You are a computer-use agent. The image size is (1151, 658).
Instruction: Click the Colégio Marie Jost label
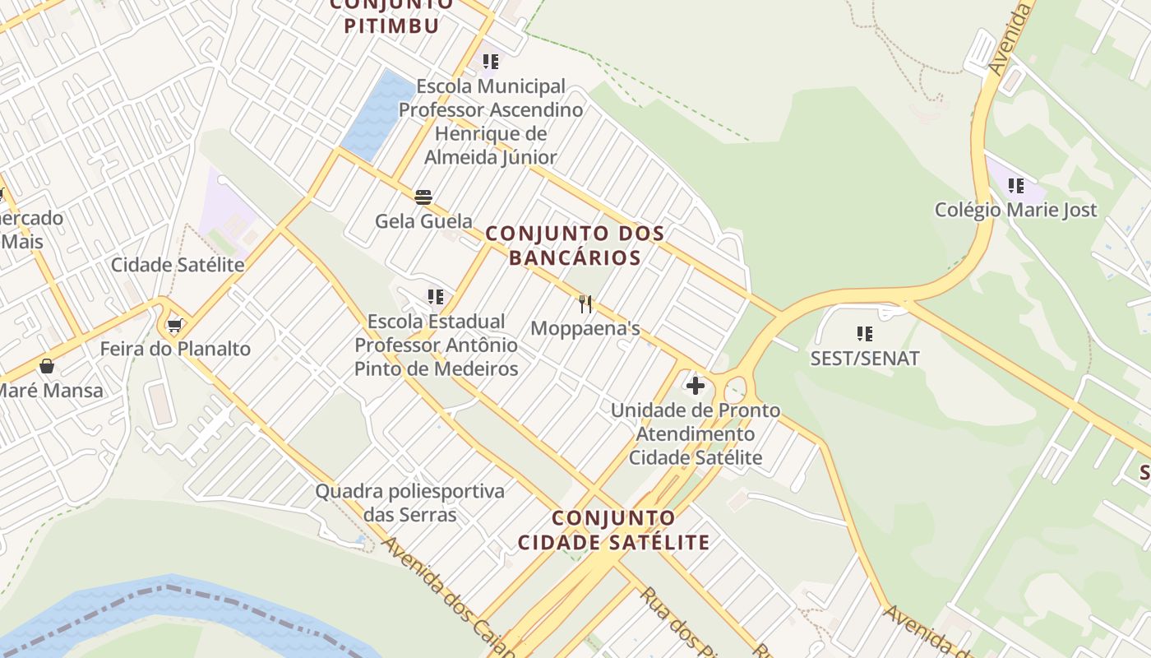(1015, 210)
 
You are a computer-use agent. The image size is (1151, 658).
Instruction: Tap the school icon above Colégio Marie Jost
(1016, 186)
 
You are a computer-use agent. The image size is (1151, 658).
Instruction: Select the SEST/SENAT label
(864, 358)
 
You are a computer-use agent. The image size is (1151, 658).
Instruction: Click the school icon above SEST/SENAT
(864, 333)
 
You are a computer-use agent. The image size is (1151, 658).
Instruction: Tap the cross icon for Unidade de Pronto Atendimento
(696, 385)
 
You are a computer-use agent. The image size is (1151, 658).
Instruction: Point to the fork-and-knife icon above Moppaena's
(585, 304)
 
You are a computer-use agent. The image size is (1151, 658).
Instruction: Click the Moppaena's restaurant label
(585, 328)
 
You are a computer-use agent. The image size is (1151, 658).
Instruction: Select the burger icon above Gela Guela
(423, 197)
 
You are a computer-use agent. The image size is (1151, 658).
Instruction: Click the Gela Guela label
(423, 220)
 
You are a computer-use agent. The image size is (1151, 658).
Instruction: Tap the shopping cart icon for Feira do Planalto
(174, 326)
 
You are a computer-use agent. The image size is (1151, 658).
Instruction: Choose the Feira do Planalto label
(175, 349)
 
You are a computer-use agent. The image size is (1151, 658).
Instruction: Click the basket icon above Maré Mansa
(47, 366)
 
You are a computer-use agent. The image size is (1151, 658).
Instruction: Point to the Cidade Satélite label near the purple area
(178, 265)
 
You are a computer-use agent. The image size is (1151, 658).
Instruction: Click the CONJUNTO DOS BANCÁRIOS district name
(575, 245)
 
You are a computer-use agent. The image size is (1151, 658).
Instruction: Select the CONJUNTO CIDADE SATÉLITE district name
(613, 531)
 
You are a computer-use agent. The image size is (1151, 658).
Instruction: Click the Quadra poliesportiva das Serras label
(410, 503)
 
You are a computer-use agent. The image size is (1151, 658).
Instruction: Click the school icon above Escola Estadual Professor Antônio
(436, 296)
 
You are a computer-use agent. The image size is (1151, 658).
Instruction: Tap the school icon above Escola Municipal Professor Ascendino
(491, 62)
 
